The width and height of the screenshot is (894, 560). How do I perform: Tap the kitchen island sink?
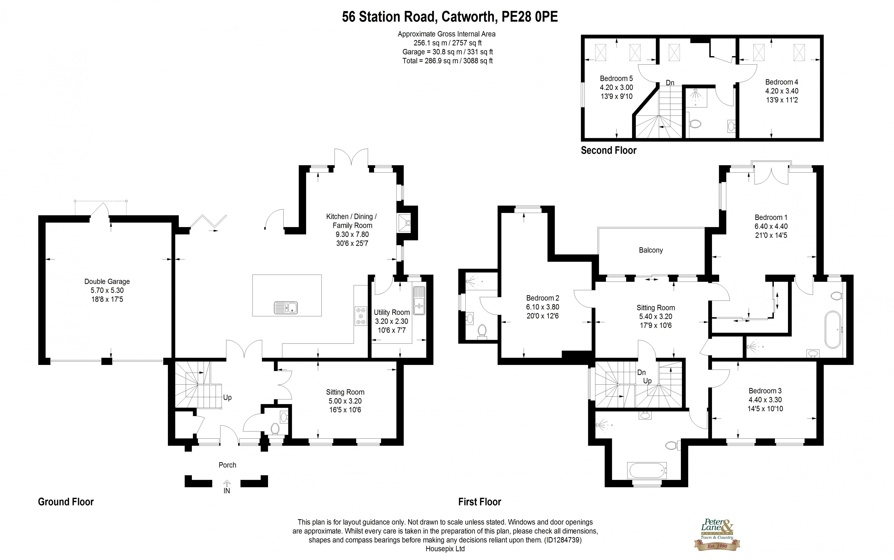point(286,307)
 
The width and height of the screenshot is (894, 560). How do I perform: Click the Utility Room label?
point(391,312)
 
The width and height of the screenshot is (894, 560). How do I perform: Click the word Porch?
point(227,465)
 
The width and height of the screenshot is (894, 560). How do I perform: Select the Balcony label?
point(651,250)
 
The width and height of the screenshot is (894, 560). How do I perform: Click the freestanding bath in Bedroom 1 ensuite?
point(833,329)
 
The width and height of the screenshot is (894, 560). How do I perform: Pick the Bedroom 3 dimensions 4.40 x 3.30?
point(765,400)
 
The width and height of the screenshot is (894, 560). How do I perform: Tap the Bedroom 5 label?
point(616,78)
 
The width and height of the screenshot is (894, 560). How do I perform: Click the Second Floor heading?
point(608,150)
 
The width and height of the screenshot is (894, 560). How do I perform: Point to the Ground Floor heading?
point(66,502)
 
